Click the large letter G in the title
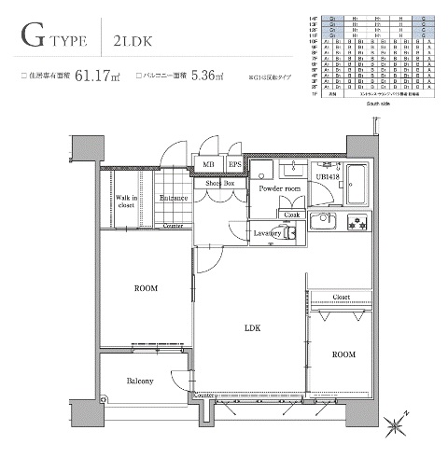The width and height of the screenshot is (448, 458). [x=35, y=40]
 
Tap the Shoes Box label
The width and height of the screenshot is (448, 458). [x=221, y=184]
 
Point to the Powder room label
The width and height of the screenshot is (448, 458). [x=280, y=188]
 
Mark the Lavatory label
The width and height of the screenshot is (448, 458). [x=267, y=233]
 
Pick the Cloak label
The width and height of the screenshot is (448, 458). [x=291, y=214]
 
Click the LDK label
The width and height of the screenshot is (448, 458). [x=251, y=328]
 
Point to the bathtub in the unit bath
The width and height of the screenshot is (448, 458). [x=357, y=185]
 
